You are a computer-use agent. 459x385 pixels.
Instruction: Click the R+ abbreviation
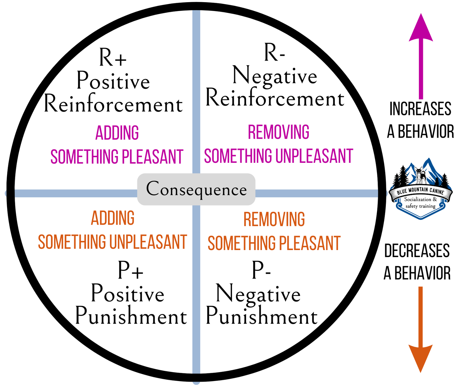point(113,58)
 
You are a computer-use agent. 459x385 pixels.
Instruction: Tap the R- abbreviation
point(274,53)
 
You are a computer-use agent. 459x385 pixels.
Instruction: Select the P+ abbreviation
point(130,270)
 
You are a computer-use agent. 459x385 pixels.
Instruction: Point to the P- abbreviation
point(261,270)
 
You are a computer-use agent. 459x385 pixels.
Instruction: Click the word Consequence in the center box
point(196,189)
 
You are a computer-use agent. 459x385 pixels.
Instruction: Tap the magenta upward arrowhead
point(421,29)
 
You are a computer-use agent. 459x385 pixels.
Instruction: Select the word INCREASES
point(420,109)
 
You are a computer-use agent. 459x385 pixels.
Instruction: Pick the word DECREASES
point(417,251)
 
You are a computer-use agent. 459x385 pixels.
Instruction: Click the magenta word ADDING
point(117,133)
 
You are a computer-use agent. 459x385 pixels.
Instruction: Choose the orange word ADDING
point(113,218)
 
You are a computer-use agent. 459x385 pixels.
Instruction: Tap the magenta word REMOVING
point(278,132)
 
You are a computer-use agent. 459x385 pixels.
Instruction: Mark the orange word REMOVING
point(274,219)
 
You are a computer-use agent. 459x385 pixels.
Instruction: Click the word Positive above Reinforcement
point(113,81)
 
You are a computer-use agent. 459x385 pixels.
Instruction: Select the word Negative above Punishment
point(258,294)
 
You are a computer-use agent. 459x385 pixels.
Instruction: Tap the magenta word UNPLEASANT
point(314,156)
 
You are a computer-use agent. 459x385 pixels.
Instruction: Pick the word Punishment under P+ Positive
point(131,316)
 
